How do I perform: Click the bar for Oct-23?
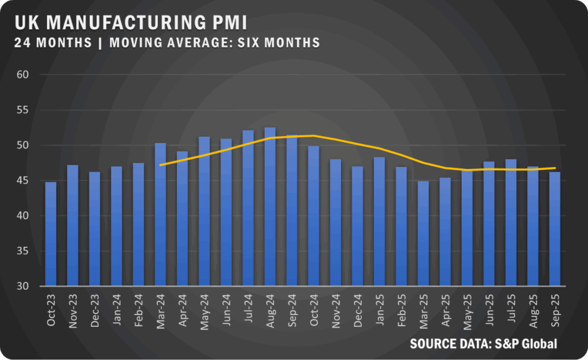[x=51, y=234]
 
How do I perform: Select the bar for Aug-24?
[x=270, y=207]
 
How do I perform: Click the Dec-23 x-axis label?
[x=95, y=312]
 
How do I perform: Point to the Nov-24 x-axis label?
[x=336, y=312]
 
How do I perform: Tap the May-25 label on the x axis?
[x=467, y=312]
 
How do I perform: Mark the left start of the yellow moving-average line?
[x=160, y=165]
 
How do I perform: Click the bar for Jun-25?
[x=489, y=223]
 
